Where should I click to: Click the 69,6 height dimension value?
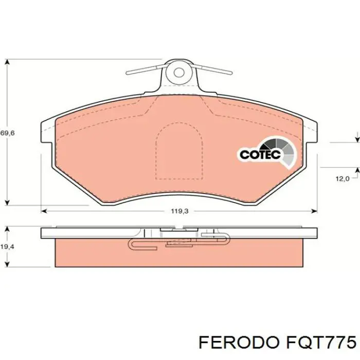coord(8,133)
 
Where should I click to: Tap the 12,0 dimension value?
coord(343,178)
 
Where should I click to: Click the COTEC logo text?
coord(259,154)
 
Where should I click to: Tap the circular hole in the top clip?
coord(179,72)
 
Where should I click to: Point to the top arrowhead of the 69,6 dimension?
coord(7,62)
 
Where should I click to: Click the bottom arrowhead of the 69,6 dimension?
coord(7,202)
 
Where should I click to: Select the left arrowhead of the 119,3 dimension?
coord(44,211)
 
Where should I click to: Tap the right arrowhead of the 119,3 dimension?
coord(314,211)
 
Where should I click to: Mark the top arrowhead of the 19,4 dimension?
coord(7,229)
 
